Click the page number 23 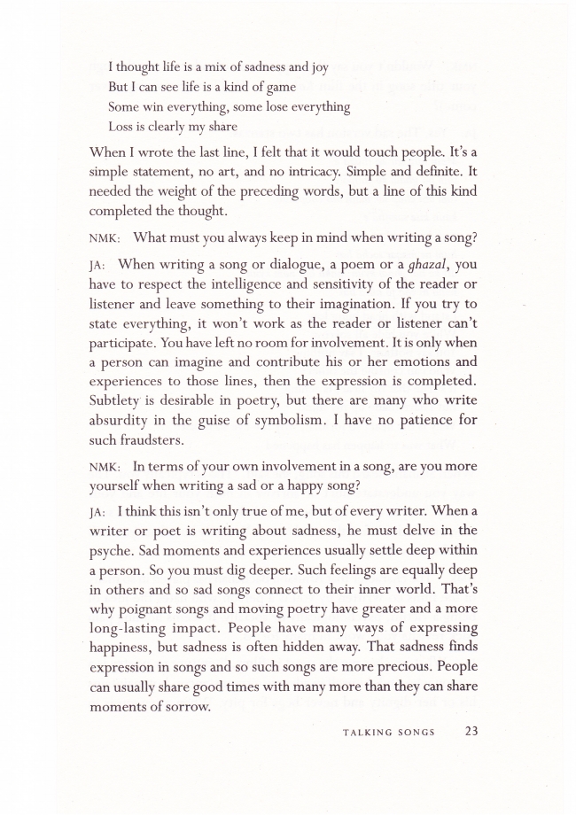[472, 731]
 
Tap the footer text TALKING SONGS [387, 732]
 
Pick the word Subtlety [120, 400]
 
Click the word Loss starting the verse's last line [121, 126]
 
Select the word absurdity [124, 419]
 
